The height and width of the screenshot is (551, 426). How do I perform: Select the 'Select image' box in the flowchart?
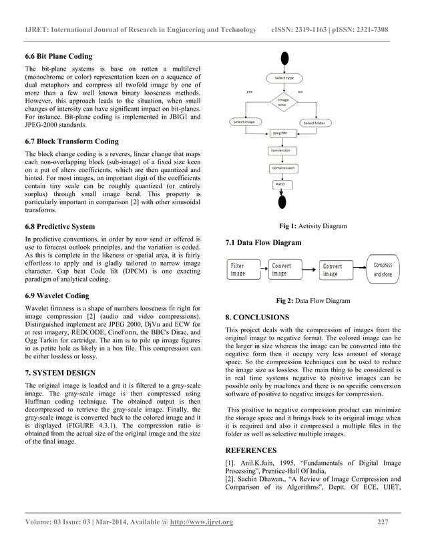click(x=244, y=122)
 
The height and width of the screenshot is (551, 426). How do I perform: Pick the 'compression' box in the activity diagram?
click(x=283, y=167)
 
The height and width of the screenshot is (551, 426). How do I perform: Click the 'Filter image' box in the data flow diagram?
click(x=240, y=269)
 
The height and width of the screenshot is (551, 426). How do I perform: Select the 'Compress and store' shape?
click(x=383, y=269)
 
